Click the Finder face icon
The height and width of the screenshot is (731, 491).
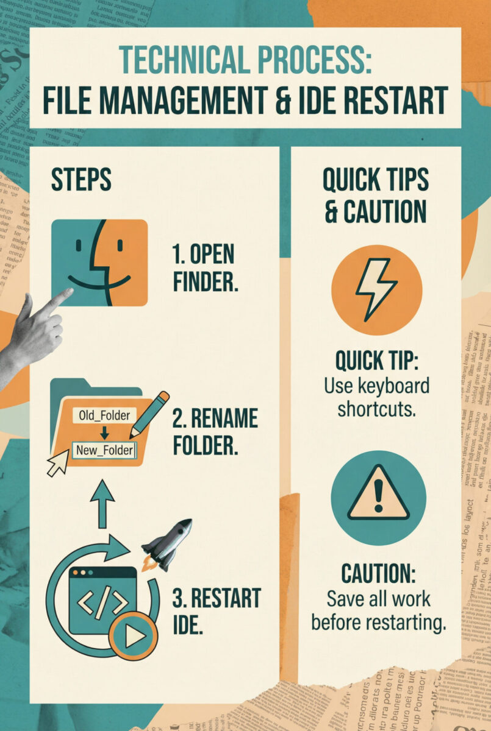click(99, 263)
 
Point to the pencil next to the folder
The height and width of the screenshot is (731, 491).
click(149, 414)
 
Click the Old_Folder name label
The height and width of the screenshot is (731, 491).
click(104, 415)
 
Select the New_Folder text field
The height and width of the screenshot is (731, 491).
click(105, 451)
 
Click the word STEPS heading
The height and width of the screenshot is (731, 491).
click(81, 180)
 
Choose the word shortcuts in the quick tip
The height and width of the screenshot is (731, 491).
click(376, 408)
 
